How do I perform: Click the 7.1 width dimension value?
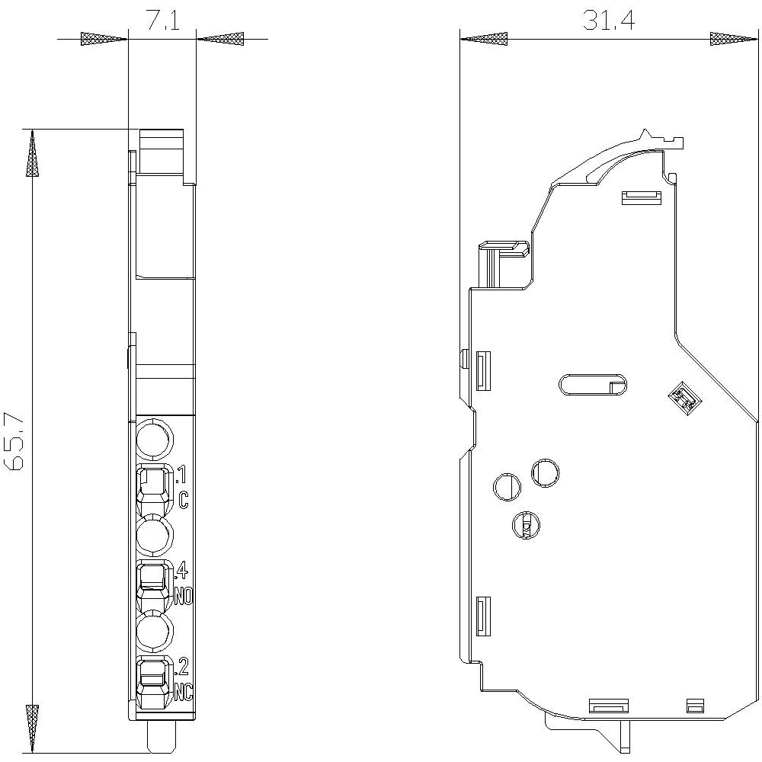click(162, 21)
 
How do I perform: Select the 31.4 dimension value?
click(608, 21)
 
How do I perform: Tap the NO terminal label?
click(184, 596)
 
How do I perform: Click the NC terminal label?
click(184, 692)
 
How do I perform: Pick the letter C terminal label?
click(184, 500)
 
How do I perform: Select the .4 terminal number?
click(182, 570)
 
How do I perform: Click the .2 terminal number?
click(182, 667)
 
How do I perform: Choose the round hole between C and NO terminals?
click(155, 536)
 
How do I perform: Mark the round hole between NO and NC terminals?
click(155, 632)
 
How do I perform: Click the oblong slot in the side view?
click(593, 386)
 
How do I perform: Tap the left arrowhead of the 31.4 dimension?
click(484, 38)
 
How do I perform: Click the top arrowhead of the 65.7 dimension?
click(32, 153)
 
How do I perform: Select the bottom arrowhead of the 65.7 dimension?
click(32, 727)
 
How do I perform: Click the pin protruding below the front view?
click(162, 737)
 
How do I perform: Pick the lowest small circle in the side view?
click(525, 524)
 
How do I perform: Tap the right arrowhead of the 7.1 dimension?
click(220, 38)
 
